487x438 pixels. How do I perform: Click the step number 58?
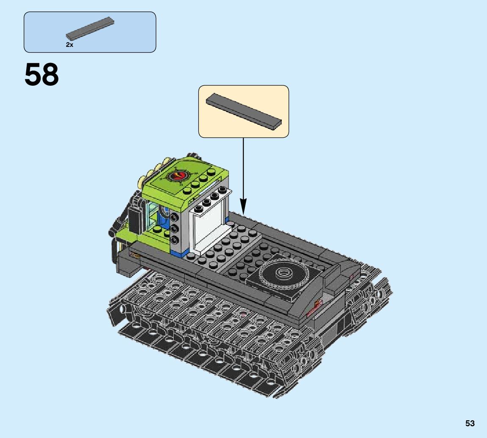(41, 75)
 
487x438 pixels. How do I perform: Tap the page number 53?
(470, 424)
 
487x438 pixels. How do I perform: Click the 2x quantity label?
(70, 45)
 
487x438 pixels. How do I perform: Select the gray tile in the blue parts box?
(90, 29)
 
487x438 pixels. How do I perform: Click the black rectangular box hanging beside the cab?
(135, 220)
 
